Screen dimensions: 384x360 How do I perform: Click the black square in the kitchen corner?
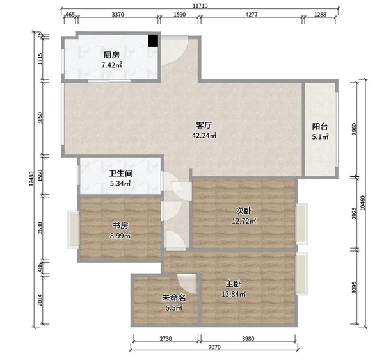coord(153,40)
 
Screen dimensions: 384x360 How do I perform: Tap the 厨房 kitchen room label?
coord(111,55)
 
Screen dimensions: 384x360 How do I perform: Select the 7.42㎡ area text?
coord(111,65)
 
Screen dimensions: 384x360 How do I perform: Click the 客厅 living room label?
coord(204,126)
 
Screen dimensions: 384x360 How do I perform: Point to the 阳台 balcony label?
coord(320,127)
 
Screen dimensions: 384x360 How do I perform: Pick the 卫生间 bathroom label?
coord(120,174)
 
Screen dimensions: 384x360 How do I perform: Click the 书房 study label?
coord(120,225)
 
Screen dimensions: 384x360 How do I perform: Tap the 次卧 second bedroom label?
coord(243,211)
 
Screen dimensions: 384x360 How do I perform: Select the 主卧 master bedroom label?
coord(233,284)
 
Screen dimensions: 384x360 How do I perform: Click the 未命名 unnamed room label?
coord(174,298)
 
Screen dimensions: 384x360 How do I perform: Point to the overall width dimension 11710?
coord(200,6)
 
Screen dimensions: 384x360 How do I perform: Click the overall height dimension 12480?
coord(31,179)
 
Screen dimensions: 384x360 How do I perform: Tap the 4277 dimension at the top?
coord(252,15)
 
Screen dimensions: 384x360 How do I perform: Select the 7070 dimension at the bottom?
coord(214,347)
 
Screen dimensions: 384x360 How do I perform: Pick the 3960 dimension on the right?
coord(354,129)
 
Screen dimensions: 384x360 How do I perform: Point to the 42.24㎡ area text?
coord(204,136)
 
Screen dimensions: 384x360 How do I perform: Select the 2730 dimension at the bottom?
coord(166,339)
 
